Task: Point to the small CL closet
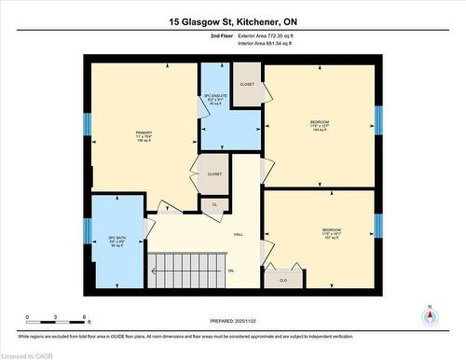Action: click(x=214, y=204)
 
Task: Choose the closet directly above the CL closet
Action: click(x=213, y=173)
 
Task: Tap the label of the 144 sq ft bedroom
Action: click(x=320, y=124)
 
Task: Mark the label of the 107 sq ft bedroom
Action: click(x=331, y=232)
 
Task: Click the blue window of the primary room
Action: click(x=88, y=123)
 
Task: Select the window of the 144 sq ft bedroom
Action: click(x=378, y=118)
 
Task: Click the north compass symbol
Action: click(x=429, y=315)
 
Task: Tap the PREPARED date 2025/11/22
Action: click(x=233, y=320)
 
